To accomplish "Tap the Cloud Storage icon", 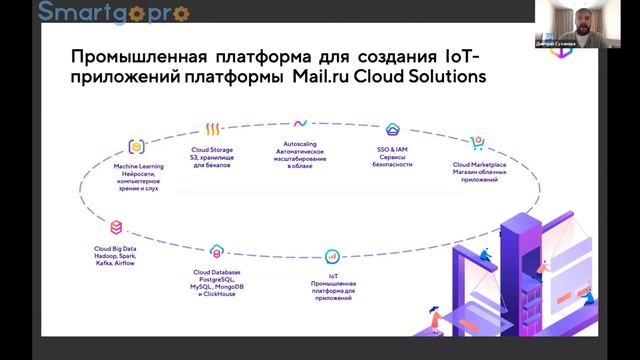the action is (x=213, y=131).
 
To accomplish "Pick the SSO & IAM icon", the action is (x=393, y=130).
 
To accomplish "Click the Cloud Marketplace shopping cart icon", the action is (x=477, y=146).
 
